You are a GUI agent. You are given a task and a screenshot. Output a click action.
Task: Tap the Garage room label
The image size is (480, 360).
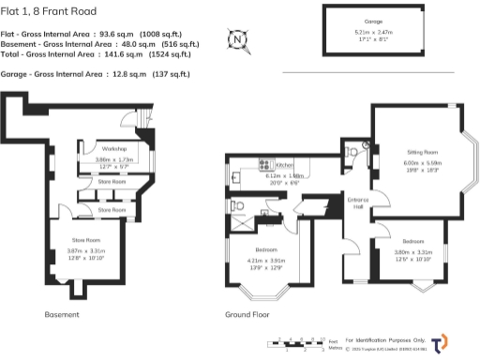374,20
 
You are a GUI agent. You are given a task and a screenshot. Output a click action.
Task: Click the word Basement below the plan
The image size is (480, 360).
62,314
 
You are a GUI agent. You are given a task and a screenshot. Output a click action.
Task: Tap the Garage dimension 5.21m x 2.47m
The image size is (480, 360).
374,31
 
